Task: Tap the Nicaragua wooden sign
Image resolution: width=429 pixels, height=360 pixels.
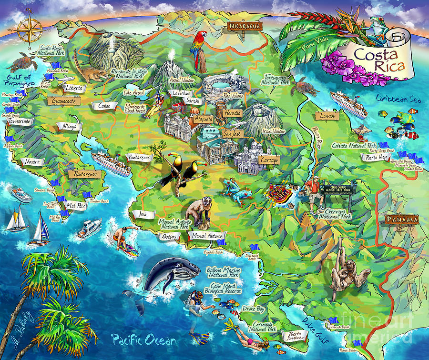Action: (x=245, y=26)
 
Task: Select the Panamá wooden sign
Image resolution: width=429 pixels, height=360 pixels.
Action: (x=402, y=220)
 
